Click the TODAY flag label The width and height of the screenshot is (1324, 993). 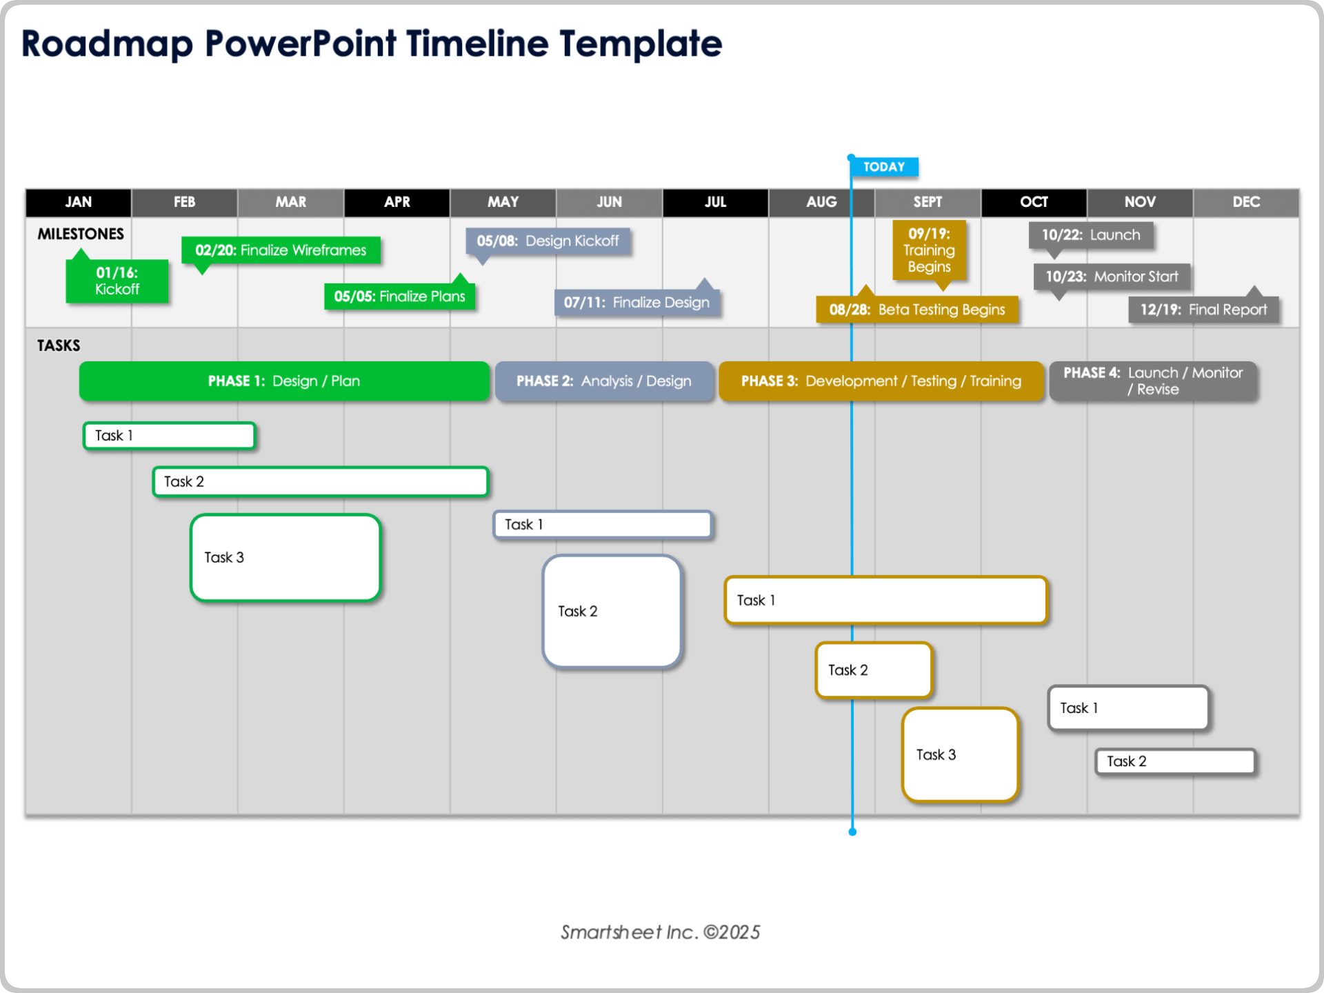pyautogui.click(x=883, y=167)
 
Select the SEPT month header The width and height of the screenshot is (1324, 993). pyautogui.click(x=927, y=202)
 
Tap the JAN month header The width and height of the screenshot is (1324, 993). pyautogui.click(x=78, y=202)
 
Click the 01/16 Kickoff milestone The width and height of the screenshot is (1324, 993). pyautogui.click(x=117, y=281)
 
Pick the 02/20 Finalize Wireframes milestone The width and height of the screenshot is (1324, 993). pyautogui.click(x=281, y=250)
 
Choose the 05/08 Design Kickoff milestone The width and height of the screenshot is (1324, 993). pyautogui.click(x=548, y=241)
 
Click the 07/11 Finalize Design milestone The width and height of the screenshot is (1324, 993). pyautogui.click(x=636, y=303)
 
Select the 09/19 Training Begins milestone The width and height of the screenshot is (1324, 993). pyautogui.click(x=929, y=250)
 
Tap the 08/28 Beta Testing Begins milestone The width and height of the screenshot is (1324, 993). pyautogui.click(x=916, y=310)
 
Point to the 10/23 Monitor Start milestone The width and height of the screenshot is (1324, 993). pyautogui.click(x=1112, y=277)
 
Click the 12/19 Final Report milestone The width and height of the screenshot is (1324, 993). pyautogui.click(x=1203, y=310)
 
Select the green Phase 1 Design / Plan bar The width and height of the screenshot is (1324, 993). pyautogui.click(x=284, y=381)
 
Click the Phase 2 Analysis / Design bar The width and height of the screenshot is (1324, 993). pyautogui.click(x=603, y=381)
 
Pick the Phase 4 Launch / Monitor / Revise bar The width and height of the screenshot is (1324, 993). pyautogui.click(x=1152, y=381)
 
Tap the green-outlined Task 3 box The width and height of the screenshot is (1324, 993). pyautogui.click(x=285, y=558)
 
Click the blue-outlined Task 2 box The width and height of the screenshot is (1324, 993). pyautogui.click(x=612, y=612)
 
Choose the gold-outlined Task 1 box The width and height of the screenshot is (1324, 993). pyautogui.click(x=885, y=601)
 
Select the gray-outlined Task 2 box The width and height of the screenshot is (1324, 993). pyautogui.click(x=1174, y=761)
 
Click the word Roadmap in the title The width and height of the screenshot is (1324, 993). pyautogui.click(x=107, y=44)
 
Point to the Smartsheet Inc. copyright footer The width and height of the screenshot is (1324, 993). pyautogui.click(x=660, y=932)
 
